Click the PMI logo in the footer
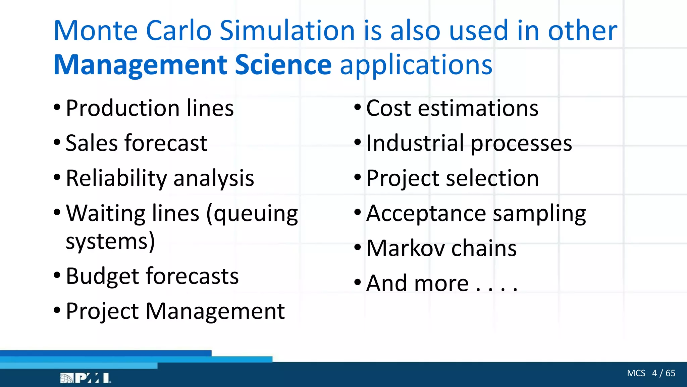(86, 378)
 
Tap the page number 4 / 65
(664, 373)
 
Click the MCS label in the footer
(636, 373)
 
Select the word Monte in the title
(95, 31)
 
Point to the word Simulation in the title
(287, 31)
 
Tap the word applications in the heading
(416, 65)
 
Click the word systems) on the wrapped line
(110, 241)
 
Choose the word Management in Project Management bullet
(215, 311)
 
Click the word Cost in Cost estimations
(388, 108)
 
